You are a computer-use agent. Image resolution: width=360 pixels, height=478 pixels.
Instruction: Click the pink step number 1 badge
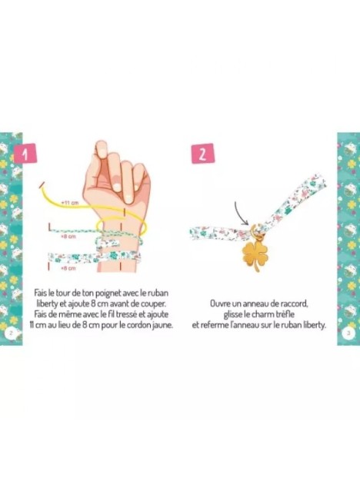point(25,154)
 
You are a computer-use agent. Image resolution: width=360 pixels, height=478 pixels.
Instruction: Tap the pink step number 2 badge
point(203,154)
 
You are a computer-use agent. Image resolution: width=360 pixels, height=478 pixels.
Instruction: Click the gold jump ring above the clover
point(255,231)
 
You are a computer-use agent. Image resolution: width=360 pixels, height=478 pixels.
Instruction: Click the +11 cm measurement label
point(70,202)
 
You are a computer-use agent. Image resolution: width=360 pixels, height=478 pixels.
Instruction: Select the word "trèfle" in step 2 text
point(285,314)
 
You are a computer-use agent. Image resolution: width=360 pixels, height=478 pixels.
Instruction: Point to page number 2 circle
point(11,333)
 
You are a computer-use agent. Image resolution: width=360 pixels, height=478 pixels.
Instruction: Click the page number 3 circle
point(348,333)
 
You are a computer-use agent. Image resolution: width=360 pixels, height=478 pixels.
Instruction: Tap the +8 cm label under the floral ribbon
point(68,268)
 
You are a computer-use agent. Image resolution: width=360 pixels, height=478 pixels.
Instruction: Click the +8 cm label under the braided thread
point(68,236)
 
